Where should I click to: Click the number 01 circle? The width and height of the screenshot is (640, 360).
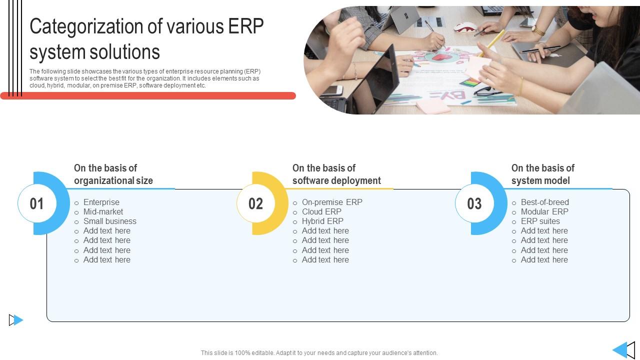37,203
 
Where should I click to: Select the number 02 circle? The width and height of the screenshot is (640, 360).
255,203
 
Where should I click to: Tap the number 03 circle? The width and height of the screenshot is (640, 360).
474,203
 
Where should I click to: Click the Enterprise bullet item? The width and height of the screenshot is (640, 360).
101,202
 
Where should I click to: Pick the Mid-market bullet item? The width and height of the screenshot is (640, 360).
103,211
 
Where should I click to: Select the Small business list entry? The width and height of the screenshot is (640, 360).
109,221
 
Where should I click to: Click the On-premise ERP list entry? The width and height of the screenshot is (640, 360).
332,202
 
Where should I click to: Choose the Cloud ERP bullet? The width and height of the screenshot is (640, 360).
321,211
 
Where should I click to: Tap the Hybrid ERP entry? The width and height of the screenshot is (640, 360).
322,221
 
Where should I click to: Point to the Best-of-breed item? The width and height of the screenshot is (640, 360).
545,202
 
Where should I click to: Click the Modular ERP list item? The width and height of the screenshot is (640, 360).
544,211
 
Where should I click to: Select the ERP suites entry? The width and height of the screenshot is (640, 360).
540,221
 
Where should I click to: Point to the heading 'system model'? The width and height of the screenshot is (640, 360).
540,181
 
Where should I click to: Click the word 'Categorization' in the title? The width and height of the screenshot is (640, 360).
87,26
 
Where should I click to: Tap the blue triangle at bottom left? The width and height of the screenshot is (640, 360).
18,320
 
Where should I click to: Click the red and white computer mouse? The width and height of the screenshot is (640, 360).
465,27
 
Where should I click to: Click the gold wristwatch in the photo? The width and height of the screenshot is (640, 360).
538,30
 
